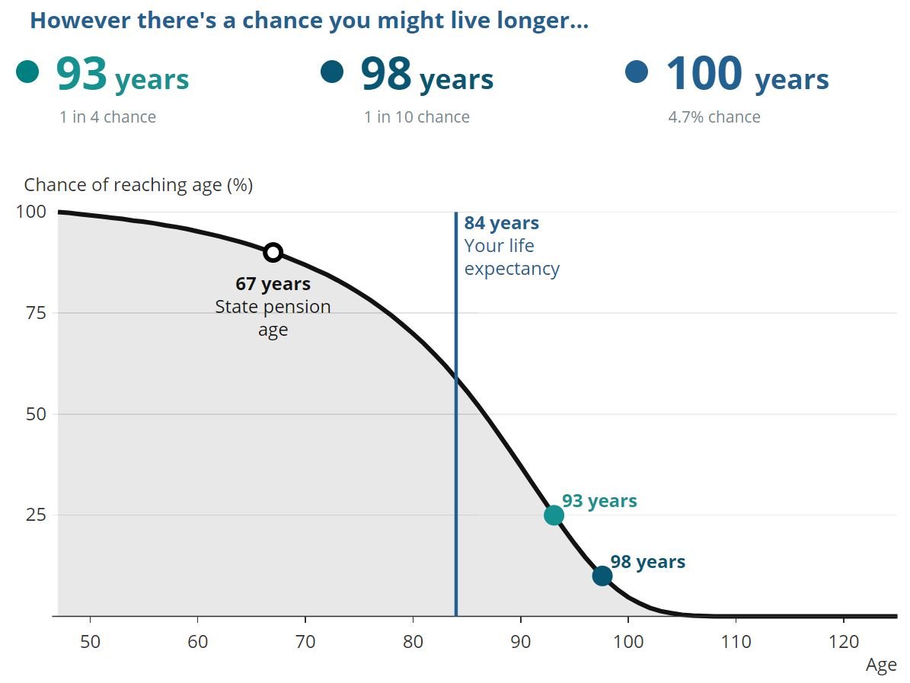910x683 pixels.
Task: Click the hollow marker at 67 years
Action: pyautogui.click(x=273, y=252)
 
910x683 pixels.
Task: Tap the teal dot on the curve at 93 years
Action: pyautogui.click(x=554, y=515)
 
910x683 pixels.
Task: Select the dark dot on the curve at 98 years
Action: pyautogui.click(x=602, y=576)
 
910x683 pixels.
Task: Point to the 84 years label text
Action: pyautogui.click(x=501, y=223)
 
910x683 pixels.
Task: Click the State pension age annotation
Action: pyautogui.click(x=273, y=307)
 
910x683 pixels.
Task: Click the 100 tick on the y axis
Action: pyautogui.click(x=31, y=212)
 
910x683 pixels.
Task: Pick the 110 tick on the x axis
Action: pyautogui.click(x=736, y=641)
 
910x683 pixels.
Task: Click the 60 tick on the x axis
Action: pyautogui.click(x=198, y=641)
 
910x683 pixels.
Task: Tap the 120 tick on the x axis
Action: pyautogui.click(x=843, y=641)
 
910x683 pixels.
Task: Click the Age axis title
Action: pyautogui.click(x=881, y=665)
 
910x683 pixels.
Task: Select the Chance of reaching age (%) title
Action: pyautogui.click(x=138, y=185)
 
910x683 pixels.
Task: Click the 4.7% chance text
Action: pyautogui.click(x=714, y=116)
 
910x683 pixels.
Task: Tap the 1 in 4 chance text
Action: pyautogui.click(x=107, y=116)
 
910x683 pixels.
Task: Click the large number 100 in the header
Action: pyautogui.click(x=704, y=74)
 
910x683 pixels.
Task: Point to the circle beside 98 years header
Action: pyautogui.click(x=332, y=72)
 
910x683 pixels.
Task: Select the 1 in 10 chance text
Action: pyautogui.click(x=417, y=116)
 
